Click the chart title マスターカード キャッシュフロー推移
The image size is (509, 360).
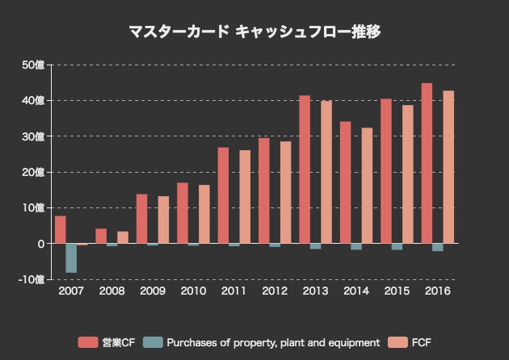point(254,32)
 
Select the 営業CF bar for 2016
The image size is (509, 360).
point(427,163)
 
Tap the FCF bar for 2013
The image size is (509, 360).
point(326,172)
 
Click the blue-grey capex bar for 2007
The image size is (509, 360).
point(71,257)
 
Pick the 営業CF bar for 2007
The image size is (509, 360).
point(61,229)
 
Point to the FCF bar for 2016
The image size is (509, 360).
point(448,167)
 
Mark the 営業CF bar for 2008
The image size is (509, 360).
point(101,236)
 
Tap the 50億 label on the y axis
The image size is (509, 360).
point(34,65)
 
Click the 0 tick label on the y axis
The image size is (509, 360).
point(40,244)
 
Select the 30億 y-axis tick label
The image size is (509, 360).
point(34,136)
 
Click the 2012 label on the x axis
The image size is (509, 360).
point(275,291)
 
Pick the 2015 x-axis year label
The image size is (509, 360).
point(397,291)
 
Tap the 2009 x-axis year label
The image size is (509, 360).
point(153,291)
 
